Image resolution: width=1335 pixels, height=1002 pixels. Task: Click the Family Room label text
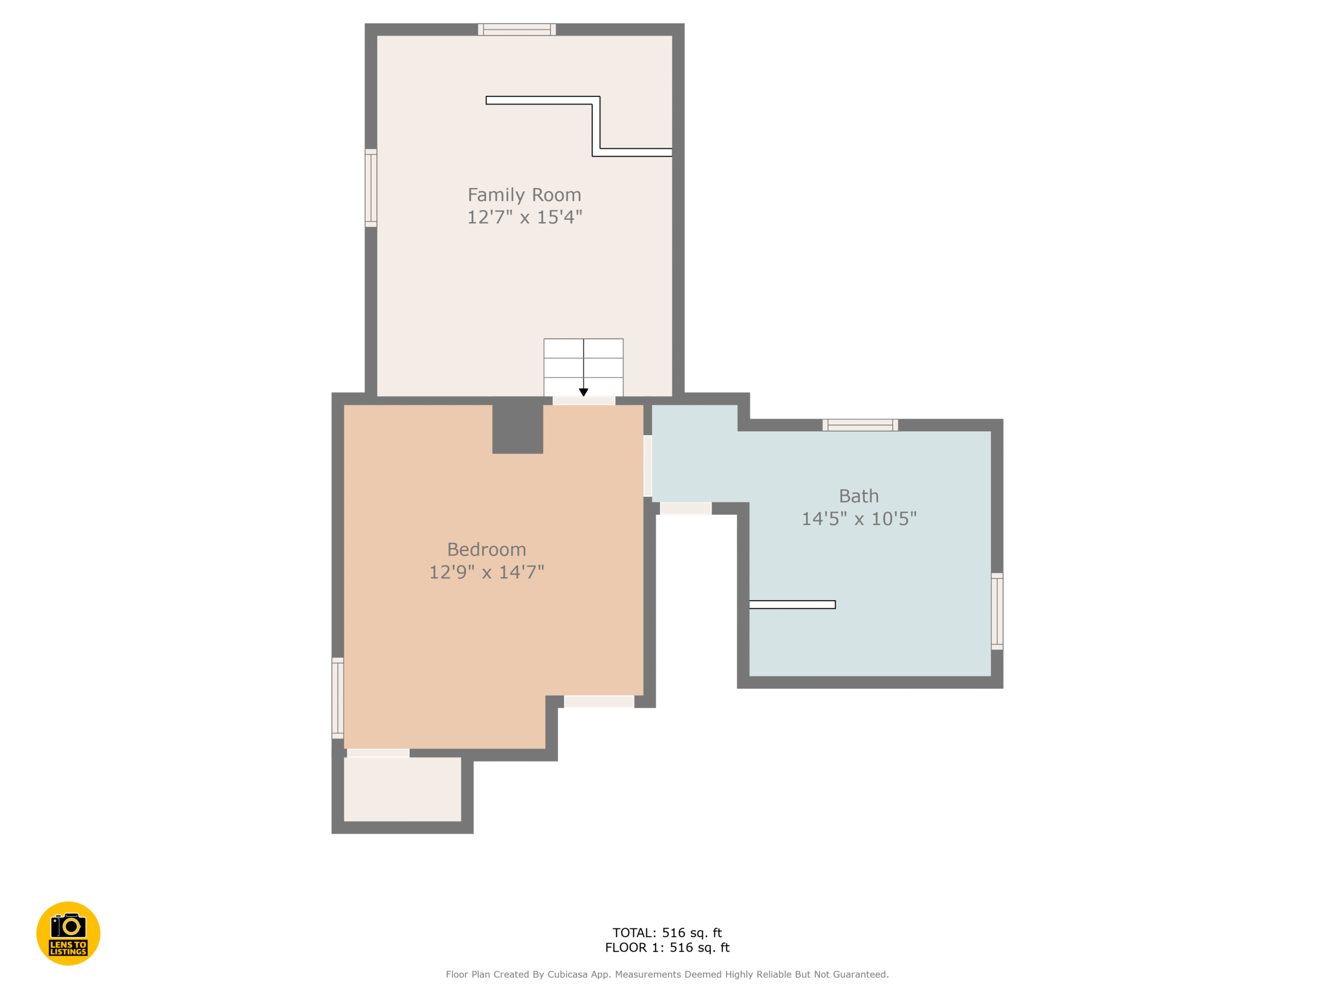524,195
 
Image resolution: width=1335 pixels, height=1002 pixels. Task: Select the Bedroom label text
487,550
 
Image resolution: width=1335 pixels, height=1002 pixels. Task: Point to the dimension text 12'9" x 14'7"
487,572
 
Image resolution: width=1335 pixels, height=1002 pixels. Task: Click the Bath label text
858,496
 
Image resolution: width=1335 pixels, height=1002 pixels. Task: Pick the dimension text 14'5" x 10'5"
858,518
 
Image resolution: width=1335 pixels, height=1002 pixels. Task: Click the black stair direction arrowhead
583,392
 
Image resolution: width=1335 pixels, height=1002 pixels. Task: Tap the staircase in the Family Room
583,365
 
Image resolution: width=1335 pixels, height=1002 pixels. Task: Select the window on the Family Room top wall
517,30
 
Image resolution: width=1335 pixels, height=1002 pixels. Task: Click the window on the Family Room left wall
371,188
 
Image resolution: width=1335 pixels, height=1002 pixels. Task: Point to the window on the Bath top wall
860,425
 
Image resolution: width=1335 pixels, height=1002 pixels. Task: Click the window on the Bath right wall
997,611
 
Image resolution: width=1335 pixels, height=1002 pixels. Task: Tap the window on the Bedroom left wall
337,698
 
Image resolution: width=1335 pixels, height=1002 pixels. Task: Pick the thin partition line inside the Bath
792,604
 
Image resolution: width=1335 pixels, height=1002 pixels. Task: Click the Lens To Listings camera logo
68,933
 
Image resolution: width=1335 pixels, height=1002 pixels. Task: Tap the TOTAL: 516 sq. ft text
667,933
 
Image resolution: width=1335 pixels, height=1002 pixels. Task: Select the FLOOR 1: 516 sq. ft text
667,948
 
